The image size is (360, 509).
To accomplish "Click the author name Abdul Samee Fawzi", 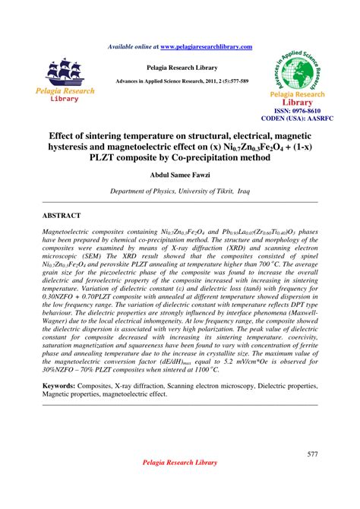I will pyautogui.click(x=180, y=175).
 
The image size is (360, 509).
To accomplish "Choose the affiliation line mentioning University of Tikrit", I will pyautogui.click(x=180, y=192).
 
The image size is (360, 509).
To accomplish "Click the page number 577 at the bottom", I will pyautogui.click(x=312, y=454).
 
